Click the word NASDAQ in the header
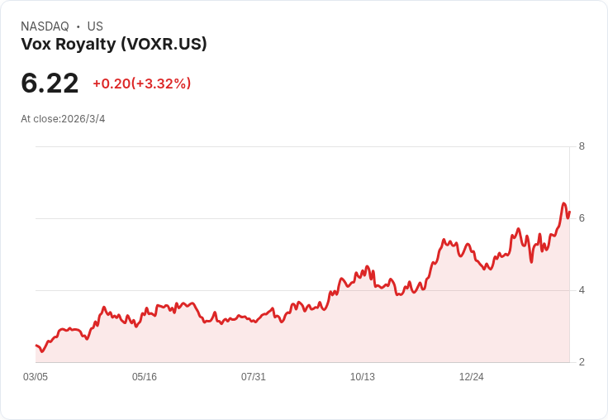[45, 26]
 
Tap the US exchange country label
[95, 26]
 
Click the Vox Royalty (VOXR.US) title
[114, 44]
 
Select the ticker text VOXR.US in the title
[164, 44]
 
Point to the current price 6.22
[50, 84]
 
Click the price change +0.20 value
[111, 84]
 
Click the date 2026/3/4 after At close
[83, 119]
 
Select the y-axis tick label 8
[582, 146]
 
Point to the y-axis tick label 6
[582, 218]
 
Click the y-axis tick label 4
[582, 290]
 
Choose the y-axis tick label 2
[582, 362]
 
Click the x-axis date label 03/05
[36, 377]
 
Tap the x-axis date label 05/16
[145, 377]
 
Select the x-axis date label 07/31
[254, 377]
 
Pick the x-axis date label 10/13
[363, 377]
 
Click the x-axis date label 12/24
[472, 377]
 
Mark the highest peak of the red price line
[563, 203]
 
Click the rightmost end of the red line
[569, 212]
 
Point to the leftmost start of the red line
[36, 346]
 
